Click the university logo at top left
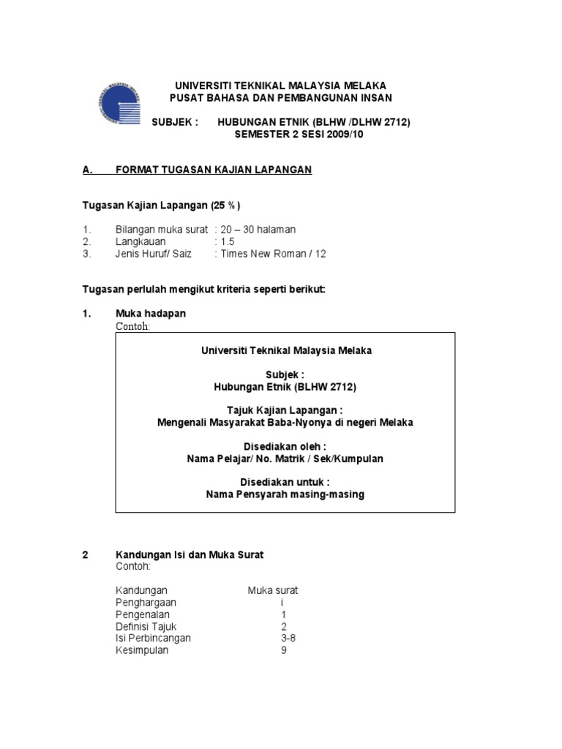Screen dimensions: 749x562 [x=117, y=105]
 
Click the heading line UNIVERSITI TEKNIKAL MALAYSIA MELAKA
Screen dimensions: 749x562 [x=280, y=86]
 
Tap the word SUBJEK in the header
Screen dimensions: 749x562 [x=174, y=122]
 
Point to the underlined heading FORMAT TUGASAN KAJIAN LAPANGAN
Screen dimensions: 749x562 [x=214, y=170]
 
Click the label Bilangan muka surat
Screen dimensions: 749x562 [x=161, y=230]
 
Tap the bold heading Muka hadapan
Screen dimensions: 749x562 [x=150, y=313]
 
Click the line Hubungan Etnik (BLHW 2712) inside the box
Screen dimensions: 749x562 [x=286, y=387]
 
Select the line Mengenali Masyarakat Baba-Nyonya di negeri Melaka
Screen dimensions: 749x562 [x=286, y=423]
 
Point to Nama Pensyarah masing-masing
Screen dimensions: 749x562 [x=285, y=494]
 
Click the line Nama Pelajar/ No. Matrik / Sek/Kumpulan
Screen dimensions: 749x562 [x=285, y=459]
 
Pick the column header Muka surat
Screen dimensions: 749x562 [x=272, y=590]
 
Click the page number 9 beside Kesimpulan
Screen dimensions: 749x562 [x=283, y=650]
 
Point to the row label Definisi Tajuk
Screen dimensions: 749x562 [x=146, y=626]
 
